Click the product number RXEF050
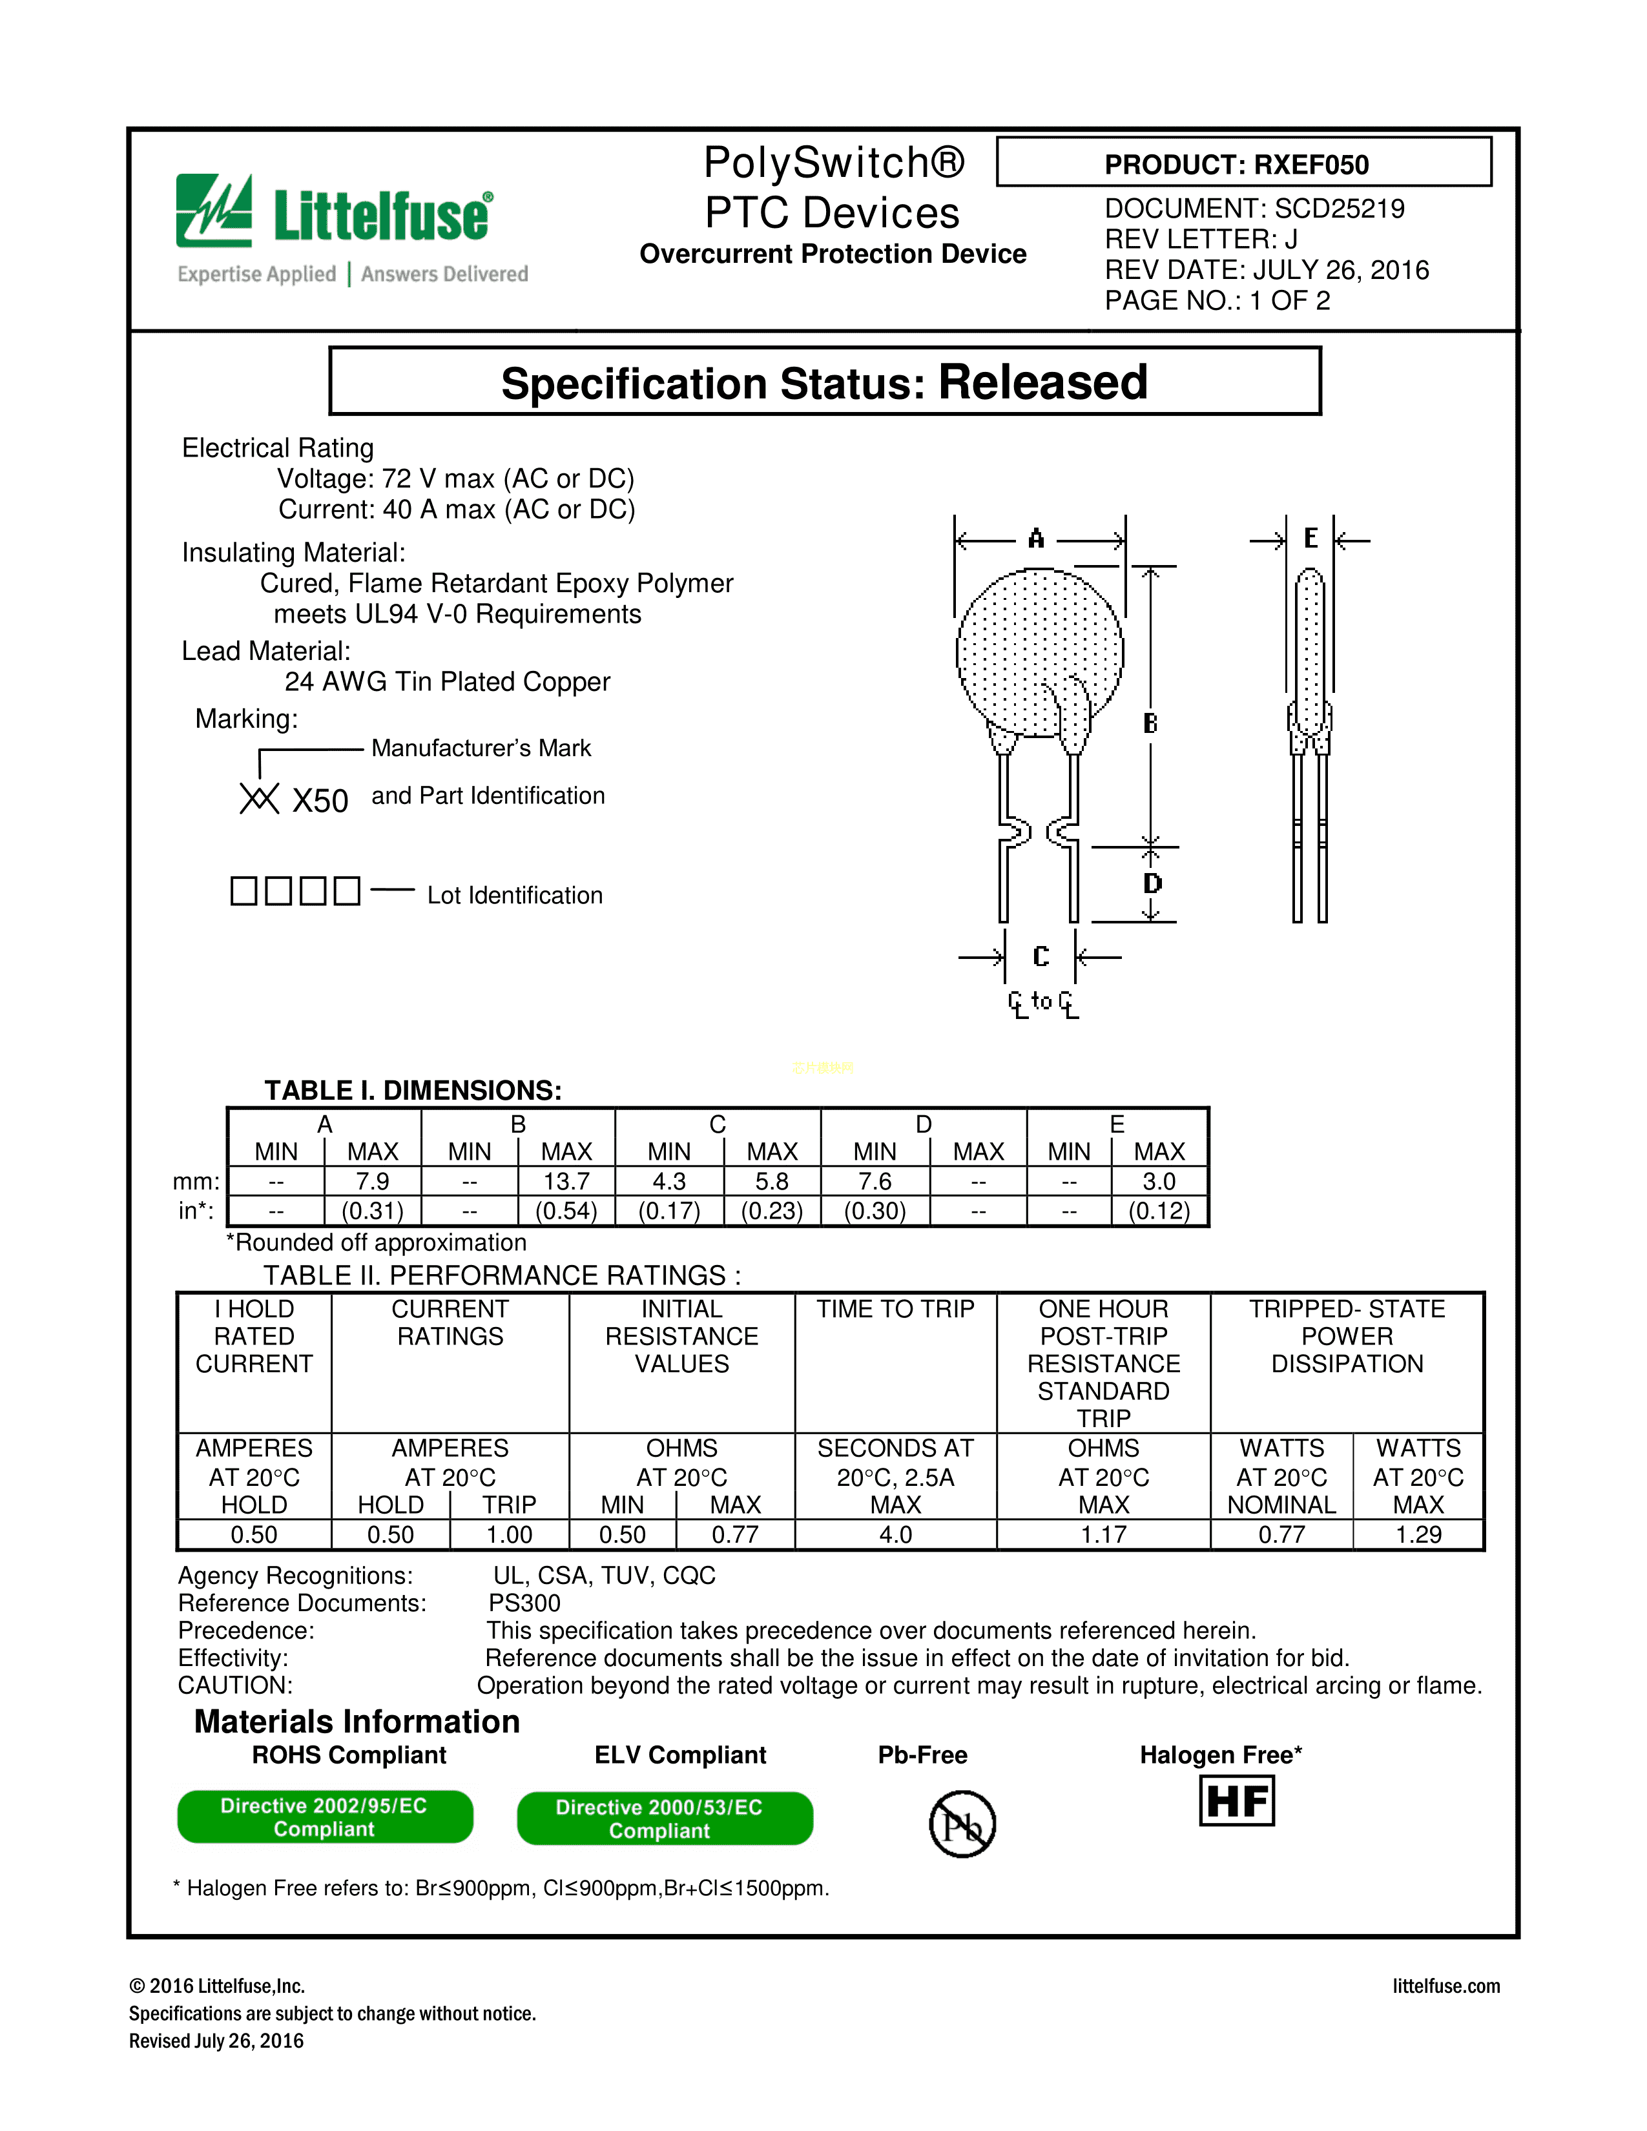point(1310,165)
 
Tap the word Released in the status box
point(1042,382)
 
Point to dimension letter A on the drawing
point(1036,539)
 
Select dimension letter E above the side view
point(1310,539)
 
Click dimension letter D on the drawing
point(1152,883)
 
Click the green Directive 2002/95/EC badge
point(325,1817)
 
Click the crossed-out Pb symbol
point(962,1824)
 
